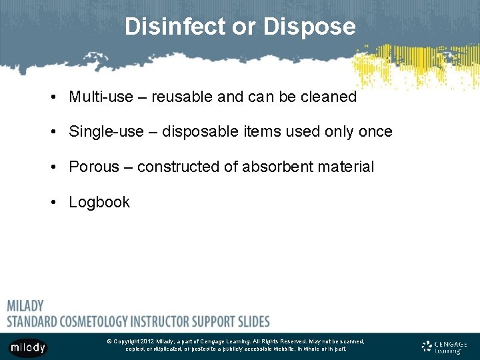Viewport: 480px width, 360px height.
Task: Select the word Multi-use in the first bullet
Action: pyautogui.click(x=101, y=97)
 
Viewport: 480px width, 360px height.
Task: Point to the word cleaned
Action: pyautogui.click(x=329, y=97)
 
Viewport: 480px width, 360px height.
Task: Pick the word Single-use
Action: pyautogui.click(x=106, y=132)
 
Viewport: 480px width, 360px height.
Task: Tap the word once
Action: pyautogui.click(x=375, y=132)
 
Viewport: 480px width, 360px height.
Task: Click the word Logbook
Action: pyautogui.click(x=99, y=202)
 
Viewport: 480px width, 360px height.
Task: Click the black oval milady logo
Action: pyautogui.click(x=28, y=347)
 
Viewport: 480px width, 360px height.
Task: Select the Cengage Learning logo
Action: pyautogui.click(x=444, y=346)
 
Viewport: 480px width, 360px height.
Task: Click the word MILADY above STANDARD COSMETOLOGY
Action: pyautogui.click(x=25, y=306)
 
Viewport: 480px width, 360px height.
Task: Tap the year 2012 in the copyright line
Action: pyautogui.click(x=147, y=341)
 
